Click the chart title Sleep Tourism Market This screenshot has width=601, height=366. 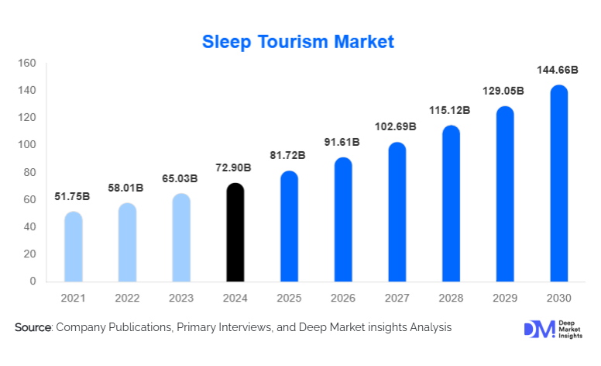tap(298, 42)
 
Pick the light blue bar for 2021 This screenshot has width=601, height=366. tap(73, 247)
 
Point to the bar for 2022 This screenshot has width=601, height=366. tap(127, 242)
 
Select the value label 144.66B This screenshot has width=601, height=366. tap(558, 71)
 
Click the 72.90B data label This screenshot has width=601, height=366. tap(235, 168)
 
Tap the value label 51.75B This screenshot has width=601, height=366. tap(72, 197)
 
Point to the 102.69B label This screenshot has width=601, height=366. tap(397, 126)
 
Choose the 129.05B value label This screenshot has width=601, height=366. tap(504, 91)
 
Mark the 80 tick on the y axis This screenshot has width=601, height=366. tap(30, 172)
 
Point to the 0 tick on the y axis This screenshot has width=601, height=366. tap(33, 281)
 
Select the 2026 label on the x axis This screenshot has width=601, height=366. tap(342, 298)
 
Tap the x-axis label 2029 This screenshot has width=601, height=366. tap(504, 298)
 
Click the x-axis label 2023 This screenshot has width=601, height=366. tap(180, 298)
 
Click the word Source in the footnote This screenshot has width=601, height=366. tap(33, 328)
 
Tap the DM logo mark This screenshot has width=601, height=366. tap(534, 329)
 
